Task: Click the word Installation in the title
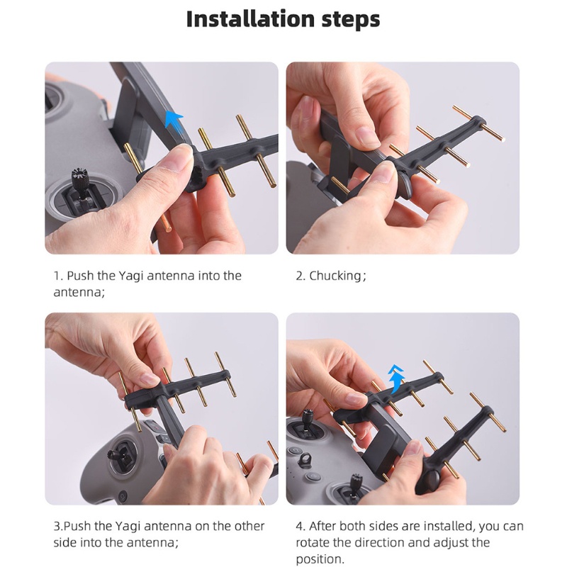tap(245, 18)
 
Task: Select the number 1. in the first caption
tap(58, 276)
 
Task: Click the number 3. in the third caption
tap(59, 526)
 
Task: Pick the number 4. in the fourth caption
tap(301, 526)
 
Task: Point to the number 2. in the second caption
tap(301, 276)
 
